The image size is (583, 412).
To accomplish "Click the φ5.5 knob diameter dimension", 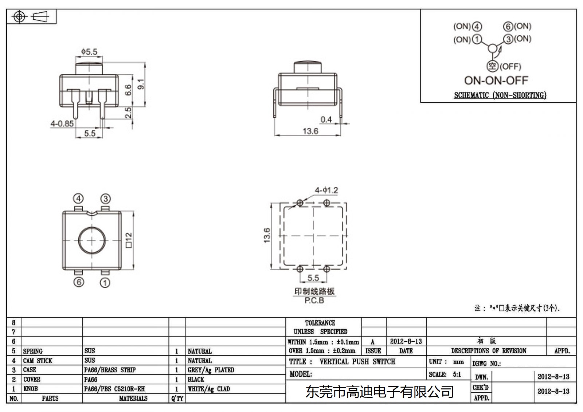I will click(89, 52).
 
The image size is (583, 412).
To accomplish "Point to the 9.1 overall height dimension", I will click(142, 84).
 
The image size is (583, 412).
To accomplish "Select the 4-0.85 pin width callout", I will click(62, 123).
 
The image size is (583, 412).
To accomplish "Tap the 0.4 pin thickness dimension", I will click(326, 119).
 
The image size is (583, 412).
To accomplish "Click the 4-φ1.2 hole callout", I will click(326, 190).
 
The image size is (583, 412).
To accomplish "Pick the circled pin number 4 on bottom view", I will click(78, 199).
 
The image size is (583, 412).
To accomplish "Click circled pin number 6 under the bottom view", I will click(79, 282).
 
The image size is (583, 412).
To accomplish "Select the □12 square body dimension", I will click(128, 240).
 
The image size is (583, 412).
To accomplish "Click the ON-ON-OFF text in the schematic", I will click(496, 81).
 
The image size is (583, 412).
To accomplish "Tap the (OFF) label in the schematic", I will click(510, 67).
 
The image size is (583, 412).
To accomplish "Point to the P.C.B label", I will click(314, 301).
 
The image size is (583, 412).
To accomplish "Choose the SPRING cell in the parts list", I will click(33, 351).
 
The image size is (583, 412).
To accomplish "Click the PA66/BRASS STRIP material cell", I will click(110, 370).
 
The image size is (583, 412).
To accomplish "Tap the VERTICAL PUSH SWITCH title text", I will click(357, 362).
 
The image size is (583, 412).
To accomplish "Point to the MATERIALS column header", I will click(133, 399).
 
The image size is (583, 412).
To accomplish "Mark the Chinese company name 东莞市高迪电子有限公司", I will click(379, 392).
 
